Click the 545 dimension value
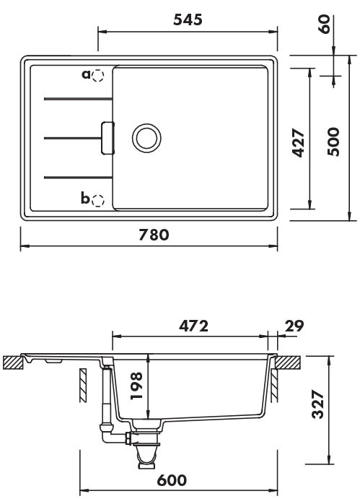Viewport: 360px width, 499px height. pyautogui.click(x=188, y=19)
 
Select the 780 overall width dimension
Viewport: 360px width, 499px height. pyautogui.click(x=154, y=235)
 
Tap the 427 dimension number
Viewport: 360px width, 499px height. pyautogui.click(x=299, y=143)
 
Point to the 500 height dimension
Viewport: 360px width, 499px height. pyautogui.click(x=333, y=142)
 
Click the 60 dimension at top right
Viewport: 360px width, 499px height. pyautogui.click(x=325, y=24)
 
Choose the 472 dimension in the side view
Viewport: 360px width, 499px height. pyautogui.click(x=193, y=326)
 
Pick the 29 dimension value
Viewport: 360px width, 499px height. pyautogui.click(x=294, y=326)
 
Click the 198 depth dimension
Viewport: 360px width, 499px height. pyautogui.click(x=137, y=386)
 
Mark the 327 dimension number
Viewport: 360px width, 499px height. pyautogui.click(x=317, y=404)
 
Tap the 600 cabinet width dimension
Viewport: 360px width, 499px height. pyautogui.click(x=172, y=480)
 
